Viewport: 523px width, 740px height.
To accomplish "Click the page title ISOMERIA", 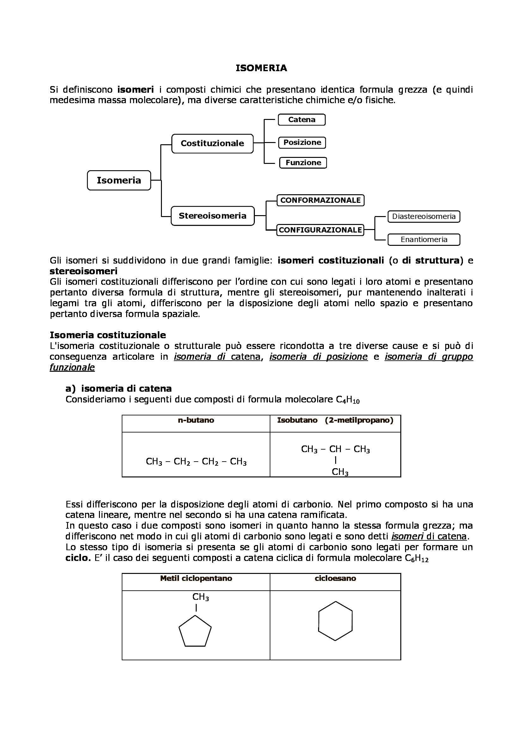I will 261,68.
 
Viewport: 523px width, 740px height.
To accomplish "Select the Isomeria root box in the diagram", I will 119,180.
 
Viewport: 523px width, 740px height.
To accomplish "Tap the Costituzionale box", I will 212,143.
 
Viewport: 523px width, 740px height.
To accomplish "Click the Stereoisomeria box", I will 212,216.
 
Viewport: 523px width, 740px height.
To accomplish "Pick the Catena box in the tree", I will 301,120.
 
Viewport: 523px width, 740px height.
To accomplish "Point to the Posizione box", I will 302,142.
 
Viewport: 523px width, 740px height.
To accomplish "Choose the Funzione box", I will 303,162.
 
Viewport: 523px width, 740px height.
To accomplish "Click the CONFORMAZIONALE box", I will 320,200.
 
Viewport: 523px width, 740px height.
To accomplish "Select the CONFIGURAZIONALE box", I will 320,230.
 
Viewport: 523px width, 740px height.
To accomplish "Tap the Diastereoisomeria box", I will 424,216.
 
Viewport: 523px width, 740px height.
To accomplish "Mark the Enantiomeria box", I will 424,239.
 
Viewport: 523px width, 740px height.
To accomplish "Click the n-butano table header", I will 196,420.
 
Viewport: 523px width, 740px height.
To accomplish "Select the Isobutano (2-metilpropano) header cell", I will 335,420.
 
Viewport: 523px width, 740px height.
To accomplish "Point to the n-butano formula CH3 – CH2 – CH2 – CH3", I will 196,462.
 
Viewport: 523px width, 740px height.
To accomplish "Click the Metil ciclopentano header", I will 196,579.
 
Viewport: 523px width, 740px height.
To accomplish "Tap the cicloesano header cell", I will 335,579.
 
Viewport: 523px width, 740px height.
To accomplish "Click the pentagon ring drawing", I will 195,632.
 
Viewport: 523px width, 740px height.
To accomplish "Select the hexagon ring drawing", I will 335,621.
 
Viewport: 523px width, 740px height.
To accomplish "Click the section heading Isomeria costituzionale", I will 108,335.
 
